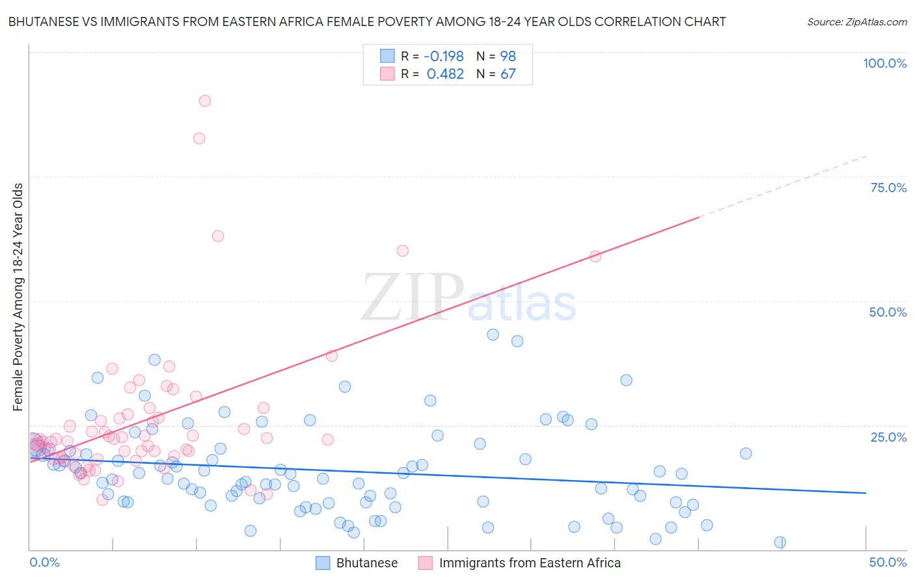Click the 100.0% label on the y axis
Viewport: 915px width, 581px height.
pyautogui.click(x=884, y=63)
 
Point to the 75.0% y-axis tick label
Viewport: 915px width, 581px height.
pyautogui.click(x=888, y=188)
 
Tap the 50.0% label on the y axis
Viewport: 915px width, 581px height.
pyautogui.click(x=887, y=312)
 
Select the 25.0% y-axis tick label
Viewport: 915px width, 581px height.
pyautogui.click(x=888, y=436)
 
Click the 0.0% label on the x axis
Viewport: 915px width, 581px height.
pyautogui.click(x=44, y=562)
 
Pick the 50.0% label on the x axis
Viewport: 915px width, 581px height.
pyautogui.click(x=887, y=562)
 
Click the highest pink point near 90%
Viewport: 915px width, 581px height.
pyautogui.click(x=205, y=101)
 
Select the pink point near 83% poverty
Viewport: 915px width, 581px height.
pyautogui.click(x=199, y=139)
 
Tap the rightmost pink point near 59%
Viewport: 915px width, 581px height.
pyautogui.click(x=595, y=257)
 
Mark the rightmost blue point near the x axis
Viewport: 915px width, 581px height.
pyautogui.click(x=780, y=543)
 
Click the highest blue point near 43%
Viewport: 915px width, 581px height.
pyautogui.click(x=493, y=335)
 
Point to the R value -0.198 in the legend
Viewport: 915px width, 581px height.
pyautogui.click(x=443, y=57)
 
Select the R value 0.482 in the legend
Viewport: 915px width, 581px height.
pyautogui.click(x=445, y=74)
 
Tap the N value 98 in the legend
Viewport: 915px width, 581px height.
pyautogui.click(x=508, y=57)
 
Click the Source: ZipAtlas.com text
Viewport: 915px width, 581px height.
pyautogui.click(x=856, y=22)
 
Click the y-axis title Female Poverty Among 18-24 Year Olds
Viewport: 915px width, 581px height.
pyautogui.click(x=18, y=297)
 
